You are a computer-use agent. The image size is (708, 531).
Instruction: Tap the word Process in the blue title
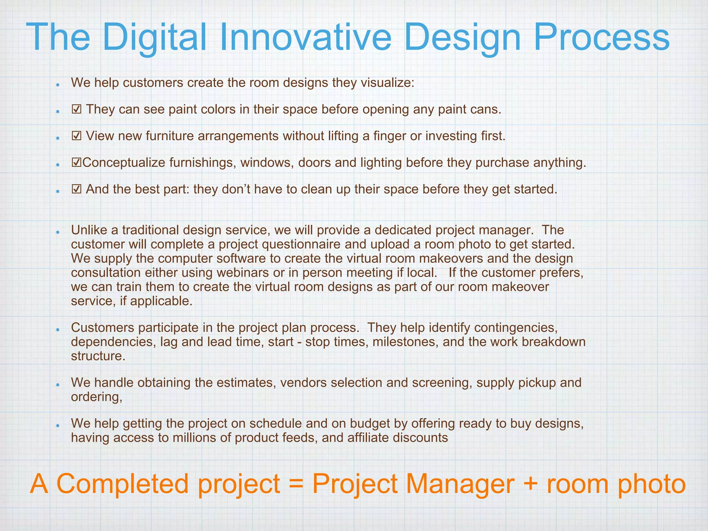pyautogui.click(x=601, y=37)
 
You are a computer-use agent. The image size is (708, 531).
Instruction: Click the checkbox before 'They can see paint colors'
pyautogui.click(x=76, y=110)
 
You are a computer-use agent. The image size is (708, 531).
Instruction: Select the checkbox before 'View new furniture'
pyautogui.click(x=76, y=136)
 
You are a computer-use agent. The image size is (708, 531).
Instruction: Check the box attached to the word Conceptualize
pyautogui.click(x=76, y=162)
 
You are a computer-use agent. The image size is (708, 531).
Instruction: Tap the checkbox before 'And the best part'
pyautogui.click(x=76, y=189)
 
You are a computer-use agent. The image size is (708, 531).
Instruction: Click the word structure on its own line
pyautogui.click(x=98, y=356)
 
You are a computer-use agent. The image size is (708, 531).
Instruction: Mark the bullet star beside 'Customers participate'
pyautogui.click(x=58, y=329)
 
